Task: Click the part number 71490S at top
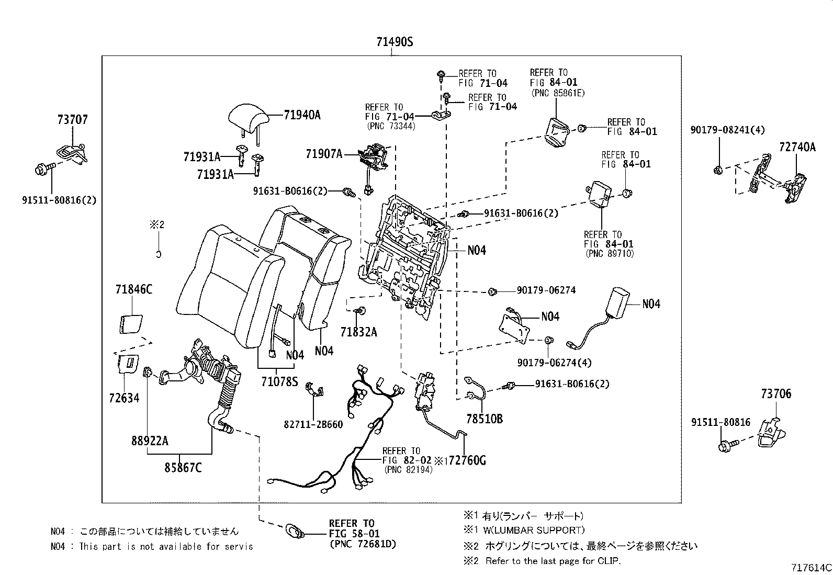[x=395, y=42]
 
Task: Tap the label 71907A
[x=324, y=154]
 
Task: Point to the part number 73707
[x=73, y=119]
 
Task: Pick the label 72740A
[x=797, y=147]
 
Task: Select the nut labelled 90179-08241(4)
[x=718, y=171]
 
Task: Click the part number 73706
[x=776, y=393]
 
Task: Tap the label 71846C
[x=134, y=289]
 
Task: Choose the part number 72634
[x=124, y=398]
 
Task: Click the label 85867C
[x=183, y=467]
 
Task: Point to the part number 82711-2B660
[x=313, y=424]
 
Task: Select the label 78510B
[x=485, y=419]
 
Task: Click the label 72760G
[x=467, y=460]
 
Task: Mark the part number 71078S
[x=279, y=381]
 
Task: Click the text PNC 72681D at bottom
[x=363, y=544]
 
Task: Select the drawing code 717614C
[x=811, y=568]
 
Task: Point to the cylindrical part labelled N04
[x=616, y=302]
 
